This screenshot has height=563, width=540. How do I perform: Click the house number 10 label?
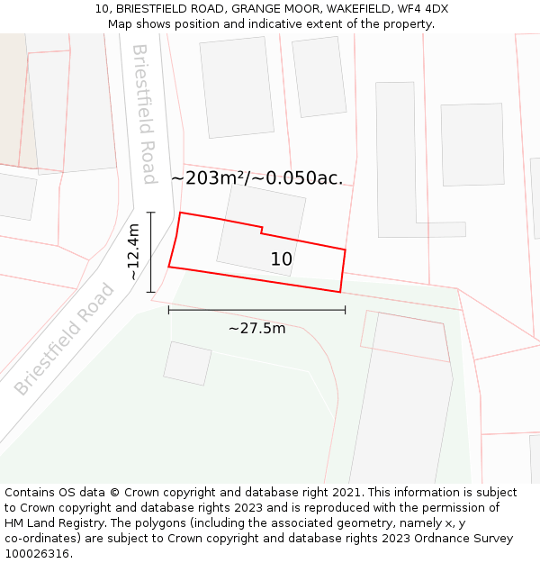(281, 259)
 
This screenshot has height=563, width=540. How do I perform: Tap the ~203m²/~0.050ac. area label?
(257, 178)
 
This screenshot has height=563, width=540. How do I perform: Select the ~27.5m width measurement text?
(256, 329)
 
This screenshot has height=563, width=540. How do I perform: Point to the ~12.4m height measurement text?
(133, 252)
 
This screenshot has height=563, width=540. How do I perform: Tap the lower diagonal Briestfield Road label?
(65, 339)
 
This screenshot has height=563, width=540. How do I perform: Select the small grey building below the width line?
(187, 363)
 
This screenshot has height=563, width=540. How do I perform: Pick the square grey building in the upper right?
(472, 144)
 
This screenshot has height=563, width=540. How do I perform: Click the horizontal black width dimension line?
(256, 311)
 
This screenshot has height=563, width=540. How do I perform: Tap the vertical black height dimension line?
(151, 252)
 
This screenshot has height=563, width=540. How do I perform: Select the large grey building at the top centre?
(237, 86)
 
